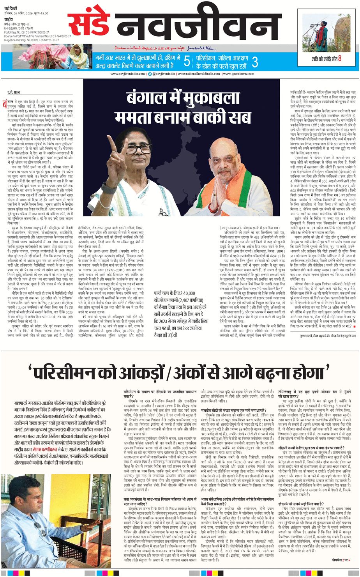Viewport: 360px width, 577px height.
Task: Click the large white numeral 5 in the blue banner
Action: pyautogui.click(x=187, y=62)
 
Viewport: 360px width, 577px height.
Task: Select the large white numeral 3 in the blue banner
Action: pyautogui.click(x=255, y=62)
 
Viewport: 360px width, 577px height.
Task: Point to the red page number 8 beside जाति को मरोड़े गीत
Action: pyautogui.click(x=340, y=59)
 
